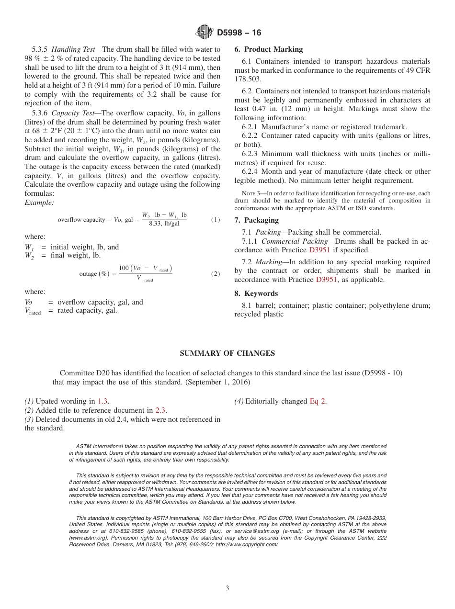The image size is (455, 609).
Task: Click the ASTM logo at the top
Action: (205, 33)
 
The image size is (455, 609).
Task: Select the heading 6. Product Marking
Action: (268, 49)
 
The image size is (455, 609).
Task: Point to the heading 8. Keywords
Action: (256, 293)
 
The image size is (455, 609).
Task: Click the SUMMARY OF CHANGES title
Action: (227, 353)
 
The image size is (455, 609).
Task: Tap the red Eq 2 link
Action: (318, 401)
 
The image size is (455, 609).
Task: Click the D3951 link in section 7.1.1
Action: (319, 250)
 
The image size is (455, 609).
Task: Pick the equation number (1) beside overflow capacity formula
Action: (216, 220)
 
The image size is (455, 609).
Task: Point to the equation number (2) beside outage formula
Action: (216, 274)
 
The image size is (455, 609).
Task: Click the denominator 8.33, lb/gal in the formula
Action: (164, 224)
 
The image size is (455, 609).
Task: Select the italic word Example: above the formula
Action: (39, 203)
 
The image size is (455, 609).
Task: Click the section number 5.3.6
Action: (40, 113)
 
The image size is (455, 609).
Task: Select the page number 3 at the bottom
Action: (227, 588)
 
